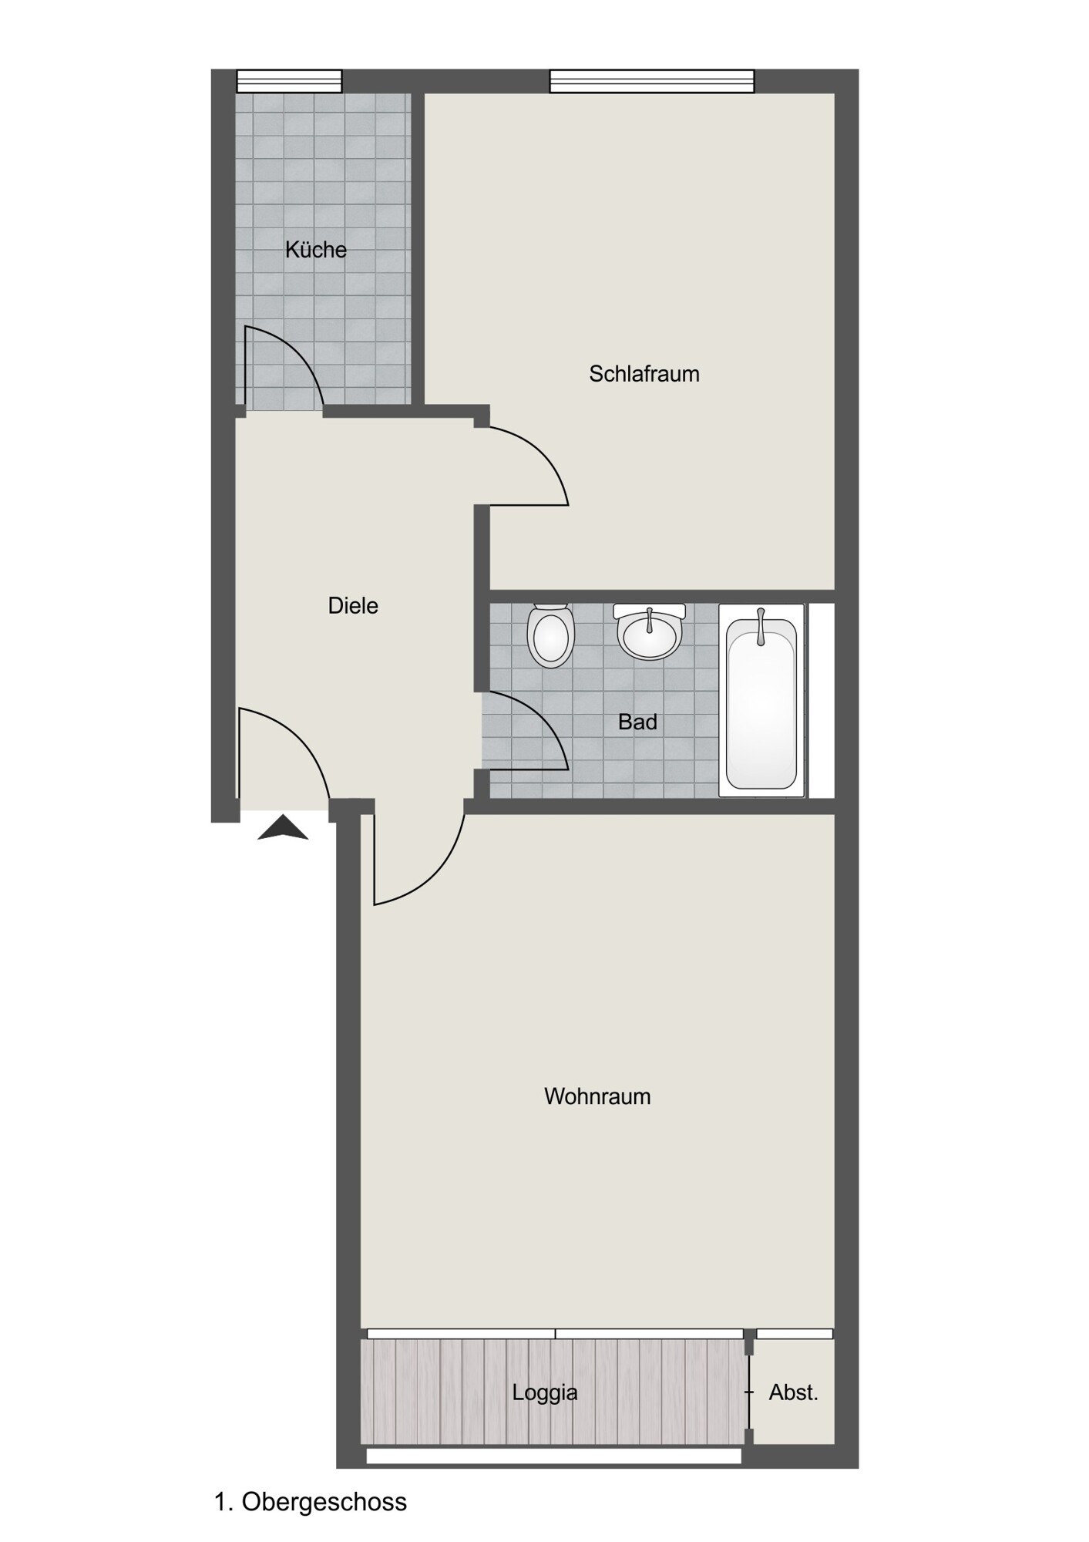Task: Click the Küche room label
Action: (x=316, y=249)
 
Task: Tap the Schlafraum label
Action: (x=644, y=374)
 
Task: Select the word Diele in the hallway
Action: (x=353, y=606)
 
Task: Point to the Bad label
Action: (x=637, y=722)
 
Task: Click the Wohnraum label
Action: (x=597, y=1096)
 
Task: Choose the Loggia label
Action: (x=545, y=1392)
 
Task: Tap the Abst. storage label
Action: (x=793, y=1392)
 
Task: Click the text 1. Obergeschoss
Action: (x=310, y=1502)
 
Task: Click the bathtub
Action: (x=761, y=700)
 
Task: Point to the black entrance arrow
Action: (x=283, y=827)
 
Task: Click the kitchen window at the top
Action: (x=289, y=81)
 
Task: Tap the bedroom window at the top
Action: (x=652, y=81)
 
